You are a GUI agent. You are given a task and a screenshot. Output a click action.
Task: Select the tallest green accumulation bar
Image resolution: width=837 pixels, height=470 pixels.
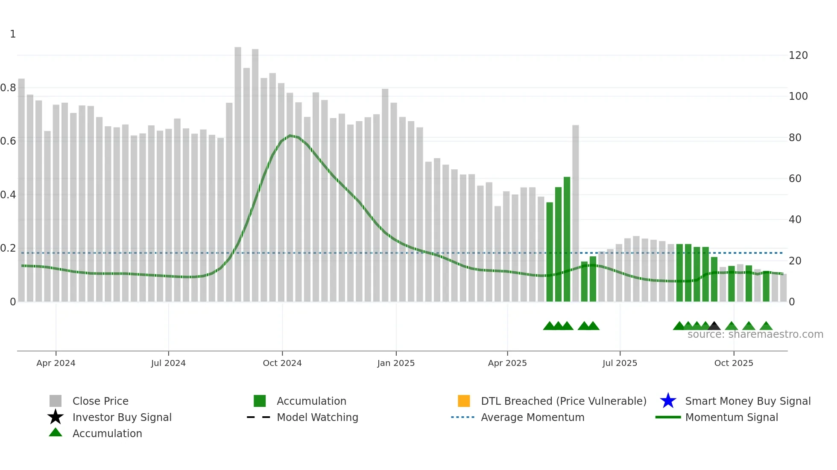point(567,239)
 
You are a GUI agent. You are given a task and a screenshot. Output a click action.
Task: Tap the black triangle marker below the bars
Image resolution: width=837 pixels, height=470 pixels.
point(714,326)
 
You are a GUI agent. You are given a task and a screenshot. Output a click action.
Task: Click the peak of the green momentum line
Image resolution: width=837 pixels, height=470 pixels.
point(290,136)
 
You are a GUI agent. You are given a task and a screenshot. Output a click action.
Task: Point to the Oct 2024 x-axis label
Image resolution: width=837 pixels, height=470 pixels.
point(282,363)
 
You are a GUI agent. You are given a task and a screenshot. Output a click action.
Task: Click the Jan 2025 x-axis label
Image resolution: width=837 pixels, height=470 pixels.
point(396,363)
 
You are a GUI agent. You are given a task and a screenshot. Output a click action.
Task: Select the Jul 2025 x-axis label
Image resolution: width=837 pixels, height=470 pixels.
point(620,363)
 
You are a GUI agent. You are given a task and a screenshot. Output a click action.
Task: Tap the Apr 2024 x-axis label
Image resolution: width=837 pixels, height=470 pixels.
point(56,363)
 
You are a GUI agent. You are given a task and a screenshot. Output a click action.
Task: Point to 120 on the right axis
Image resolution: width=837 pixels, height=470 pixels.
point(798,55)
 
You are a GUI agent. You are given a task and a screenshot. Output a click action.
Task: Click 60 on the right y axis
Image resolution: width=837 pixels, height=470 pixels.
point(795,179)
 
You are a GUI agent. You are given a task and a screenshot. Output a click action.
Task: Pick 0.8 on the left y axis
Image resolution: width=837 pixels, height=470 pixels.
point(8,88)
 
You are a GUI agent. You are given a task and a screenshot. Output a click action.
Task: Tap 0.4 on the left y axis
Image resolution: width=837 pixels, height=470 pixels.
point(8,195)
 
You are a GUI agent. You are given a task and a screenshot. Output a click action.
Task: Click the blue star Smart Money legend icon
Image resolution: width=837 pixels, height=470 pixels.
point(668,401)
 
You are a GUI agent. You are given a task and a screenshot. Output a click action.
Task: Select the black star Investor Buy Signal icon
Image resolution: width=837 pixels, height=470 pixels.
point(56,417)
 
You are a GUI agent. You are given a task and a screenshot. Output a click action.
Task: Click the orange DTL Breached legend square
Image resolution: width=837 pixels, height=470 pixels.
point(464,401)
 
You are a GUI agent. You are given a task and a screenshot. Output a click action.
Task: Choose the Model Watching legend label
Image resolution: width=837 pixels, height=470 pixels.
point(317,417)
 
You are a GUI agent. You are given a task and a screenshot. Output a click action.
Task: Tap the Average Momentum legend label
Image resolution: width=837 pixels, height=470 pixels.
point(533,417)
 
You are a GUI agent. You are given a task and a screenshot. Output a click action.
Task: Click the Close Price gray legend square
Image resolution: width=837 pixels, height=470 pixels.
point(56,401)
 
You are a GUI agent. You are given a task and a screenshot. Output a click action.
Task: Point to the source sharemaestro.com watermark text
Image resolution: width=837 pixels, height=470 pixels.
point(755,334)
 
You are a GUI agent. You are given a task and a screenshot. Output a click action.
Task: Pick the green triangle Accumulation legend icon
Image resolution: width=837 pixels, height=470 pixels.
point(56,432)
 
